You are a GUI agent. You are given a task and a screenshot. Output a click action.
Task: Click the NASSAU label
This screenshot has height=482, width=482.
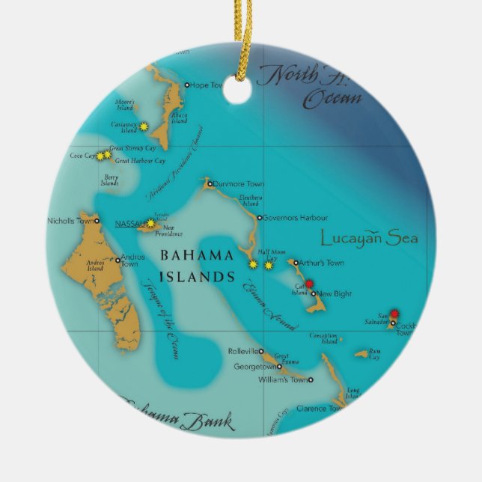point(129,223)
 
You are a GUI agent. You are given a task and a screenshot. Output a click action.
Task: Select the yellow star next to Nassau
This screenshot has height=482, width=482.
point(150,223)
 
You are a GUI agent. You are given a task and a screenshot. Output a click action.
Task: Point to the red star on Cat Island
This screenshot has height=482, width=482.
point(309,284)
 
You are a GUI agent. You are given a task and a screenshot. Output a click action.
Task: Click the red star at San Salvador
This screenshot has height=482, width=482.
point(394,314)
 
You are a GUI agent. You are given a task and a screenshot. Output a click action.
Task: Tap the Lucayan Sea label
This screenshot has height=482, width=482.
point(369,240)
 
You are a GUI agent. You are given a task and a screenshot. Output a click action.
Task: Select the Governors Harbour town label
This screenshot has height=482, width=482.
point(295,218)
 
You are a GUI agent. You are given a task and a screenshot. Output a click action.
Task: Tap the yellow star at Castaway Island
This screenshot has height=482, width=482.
point(143,126)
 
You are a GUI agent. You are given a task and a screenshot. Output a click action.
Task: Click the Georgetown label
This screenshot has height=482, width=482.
point(254,367)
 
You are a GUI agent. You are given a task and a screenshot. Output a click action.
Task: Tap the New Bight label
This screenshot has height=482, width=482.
point(334,294)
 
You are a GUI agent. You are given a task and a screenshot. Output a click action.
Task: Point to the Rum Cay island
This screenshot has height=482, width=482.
point(362,353)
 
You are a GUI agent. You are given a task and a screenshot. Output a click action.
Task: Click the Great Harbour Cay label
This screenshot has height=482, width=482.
point(140,160)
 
